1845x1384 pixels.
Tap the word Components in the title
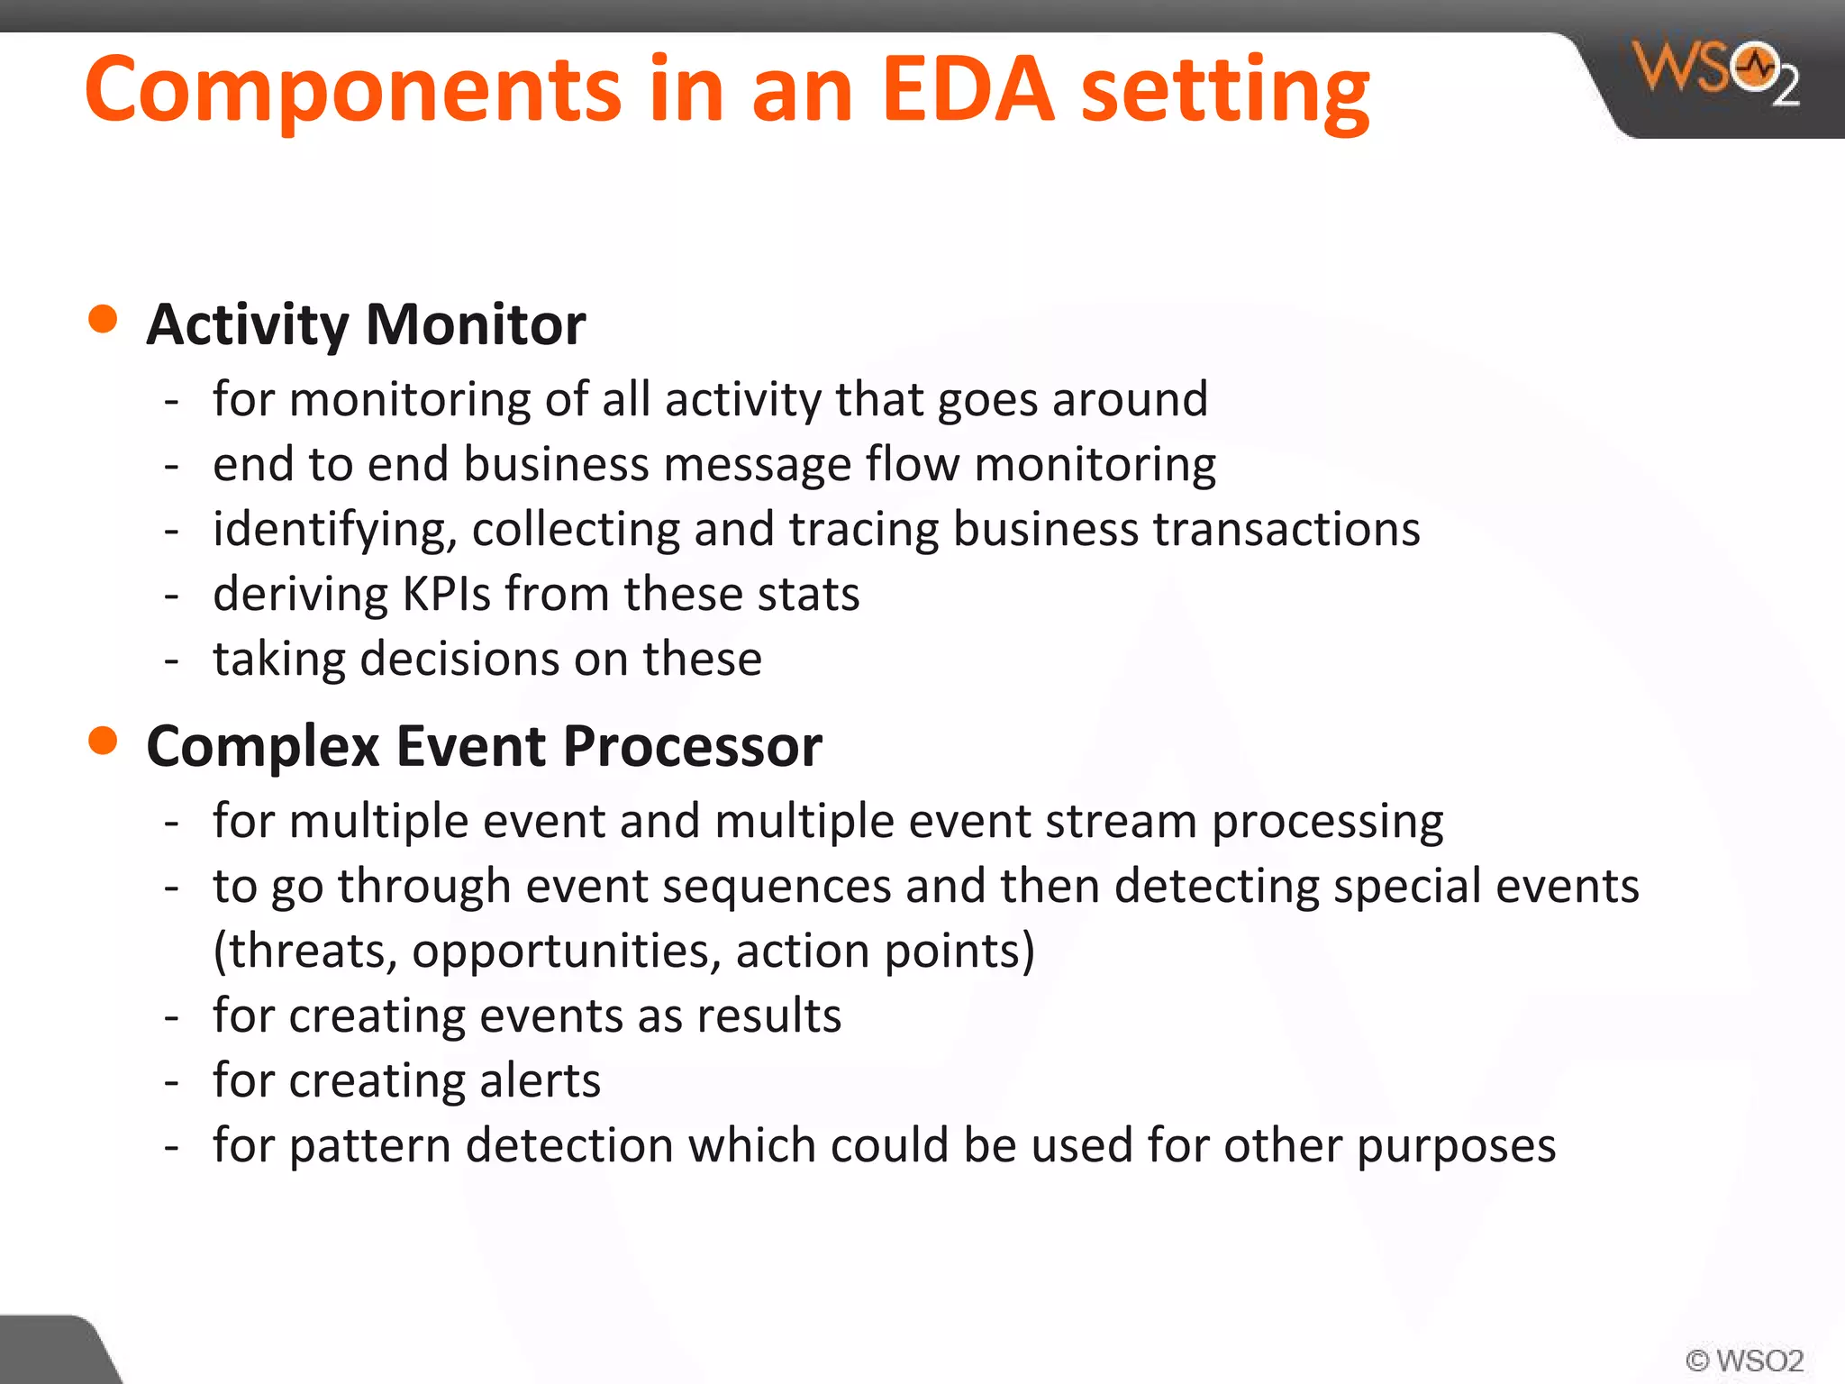[x=352, y=89]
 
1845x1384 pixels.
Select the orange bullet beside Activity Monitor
[x=104, y=319]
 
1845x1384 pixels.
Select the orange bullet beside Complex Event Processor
[x=104, y=741]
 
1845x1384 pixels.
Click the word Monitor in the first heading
[x=476, y=324]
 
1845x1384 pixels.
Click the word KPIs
[x=446, y=594]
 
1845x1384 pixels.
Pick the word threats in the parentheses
[x=311, y=951]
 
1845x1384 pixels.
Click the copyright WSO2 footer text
[x=1744, y=1360]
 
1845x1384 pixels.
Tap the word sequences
[x=777, y=887]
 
